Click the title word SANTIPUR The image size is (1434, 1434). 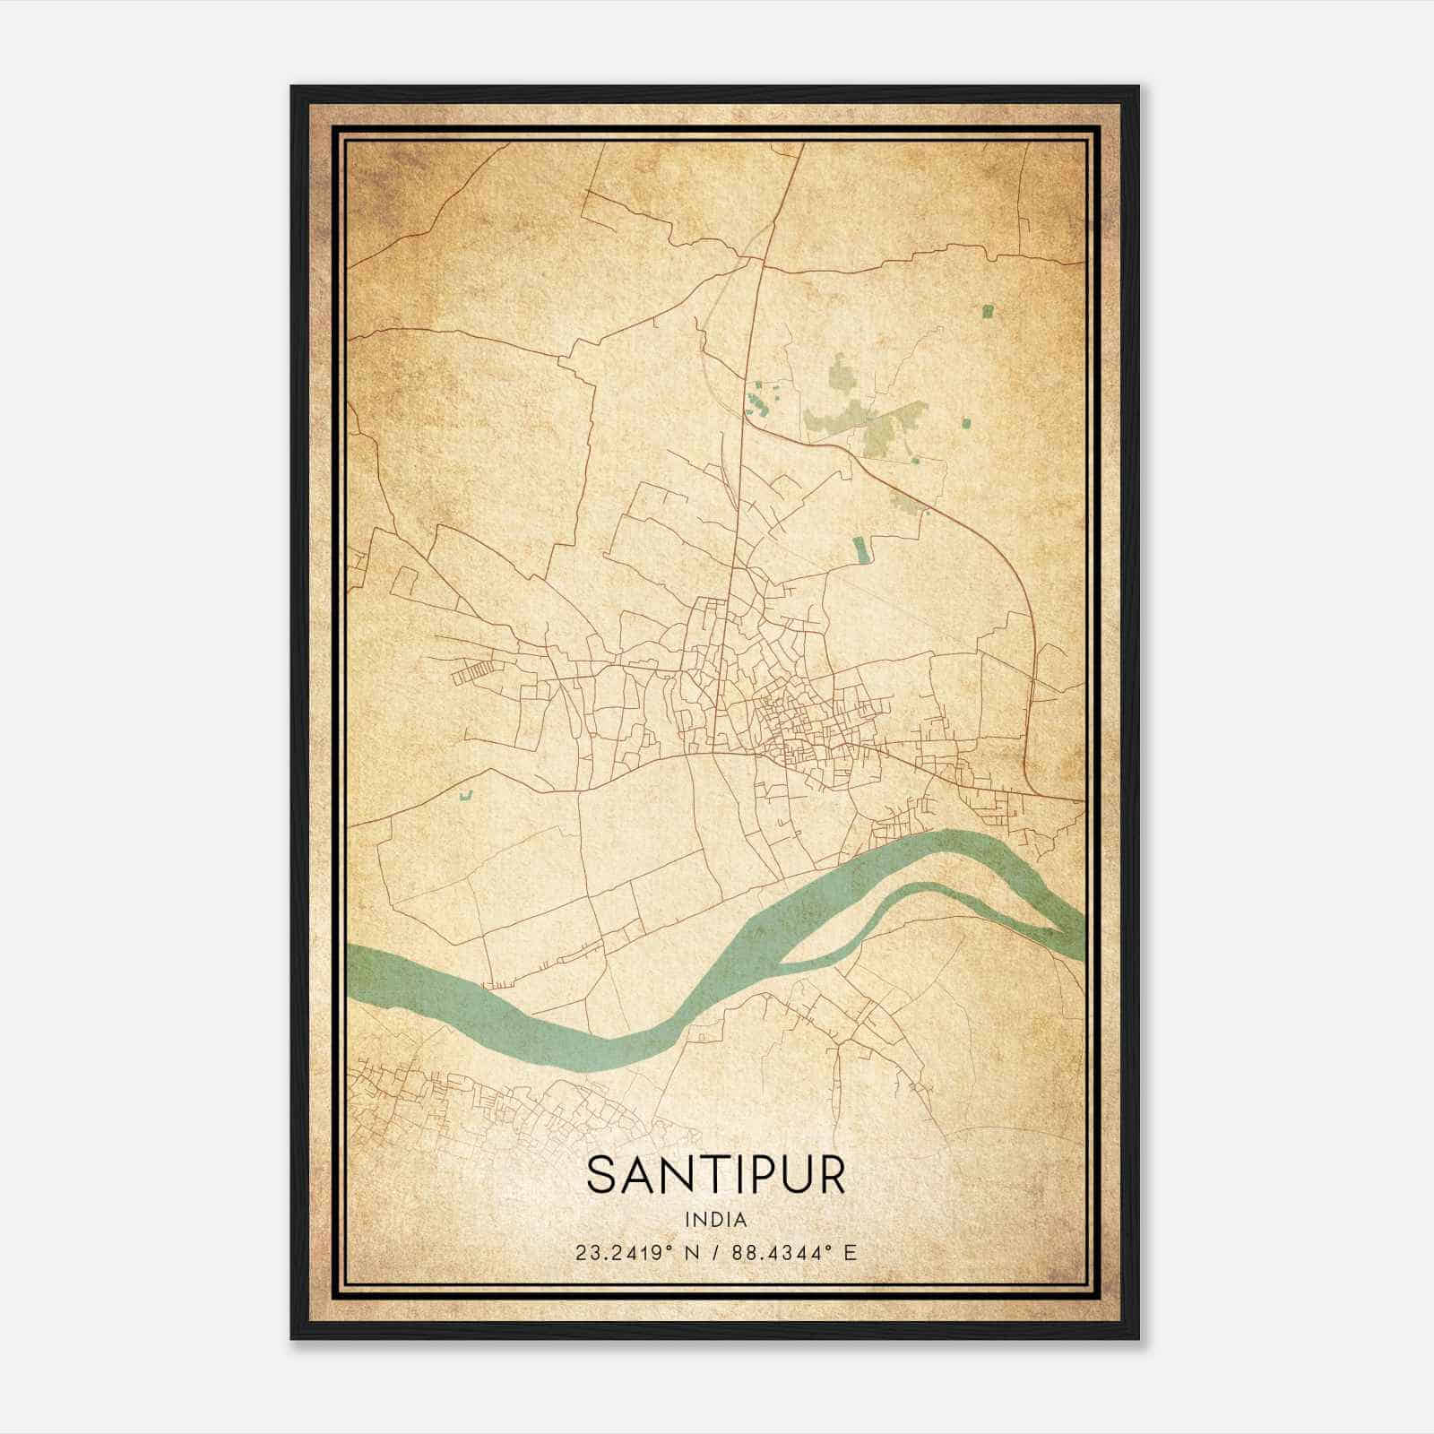[x=715, y=1177]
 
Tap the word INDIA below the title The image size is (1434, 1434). [x=715, y=1220]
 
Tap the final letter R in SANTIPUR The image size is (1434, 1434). [x=831, y=1177]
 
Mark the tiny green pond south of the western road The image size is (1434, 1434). [x=464, y=794]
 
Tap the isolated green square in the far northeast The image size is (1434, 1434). [x=988, y=311]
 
